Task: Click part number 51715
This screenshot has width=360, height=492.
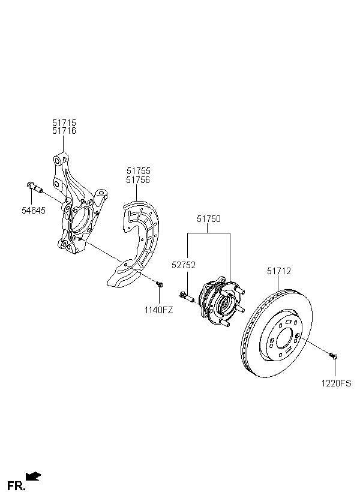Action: coord(64,122)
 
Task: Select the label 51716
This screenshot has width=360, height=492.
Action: coord(64,131)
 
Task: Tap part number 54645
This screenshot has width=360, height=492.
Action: coord(33,210)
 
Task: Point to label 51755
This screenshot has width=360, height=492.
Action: coord(139,171)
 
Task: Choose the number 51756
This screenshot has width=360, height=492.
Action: coord(139,180)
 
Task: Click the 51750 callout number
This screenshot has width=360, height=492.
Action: coord(209,219)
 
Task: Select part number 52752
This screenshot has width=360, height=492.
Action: coord(183,265)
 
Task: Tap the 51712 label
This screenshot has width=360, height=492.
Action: coord(279,271)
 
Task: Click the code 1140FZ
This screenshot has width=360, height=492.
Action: coord(159,310)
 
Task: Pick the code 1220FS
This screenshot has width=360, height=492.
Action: coord(337,383)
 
